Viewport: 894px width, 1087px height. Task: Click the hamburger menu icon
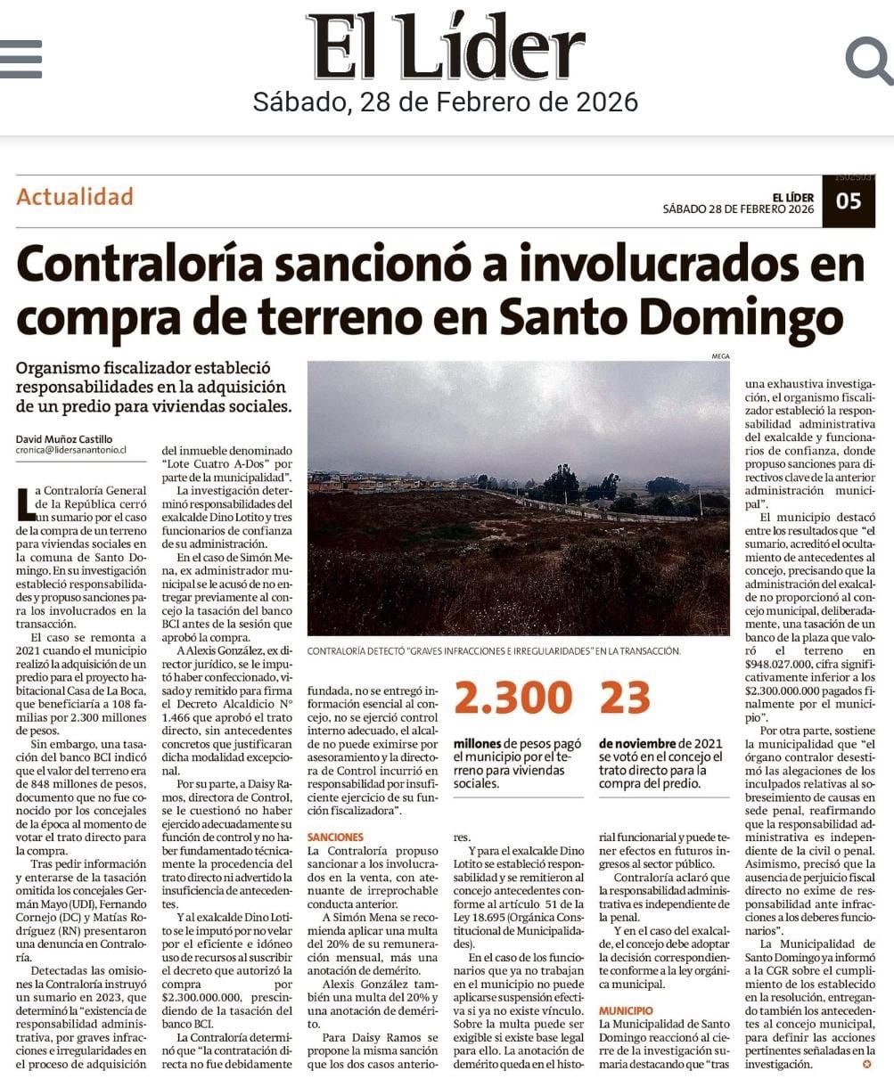[21, 59]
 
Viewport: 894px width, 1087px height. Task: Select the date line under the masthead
[446, 102]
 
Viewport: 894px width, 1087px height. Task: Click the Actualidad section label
[75, 196]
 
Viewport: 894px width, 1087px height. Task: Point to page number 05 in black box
[849, 201]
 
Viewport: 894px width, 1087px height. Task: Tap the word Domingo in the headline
[759, 316]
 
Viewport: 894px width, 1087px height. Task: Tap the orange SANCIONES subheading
[335, 838]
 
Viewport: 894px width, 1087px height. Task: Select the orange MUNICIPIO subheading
[626, 1011]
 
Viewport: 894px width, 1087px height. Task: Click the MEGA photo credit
[720, 356]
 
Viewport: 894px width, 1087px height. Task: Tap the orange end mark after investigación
[865, 1065]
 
